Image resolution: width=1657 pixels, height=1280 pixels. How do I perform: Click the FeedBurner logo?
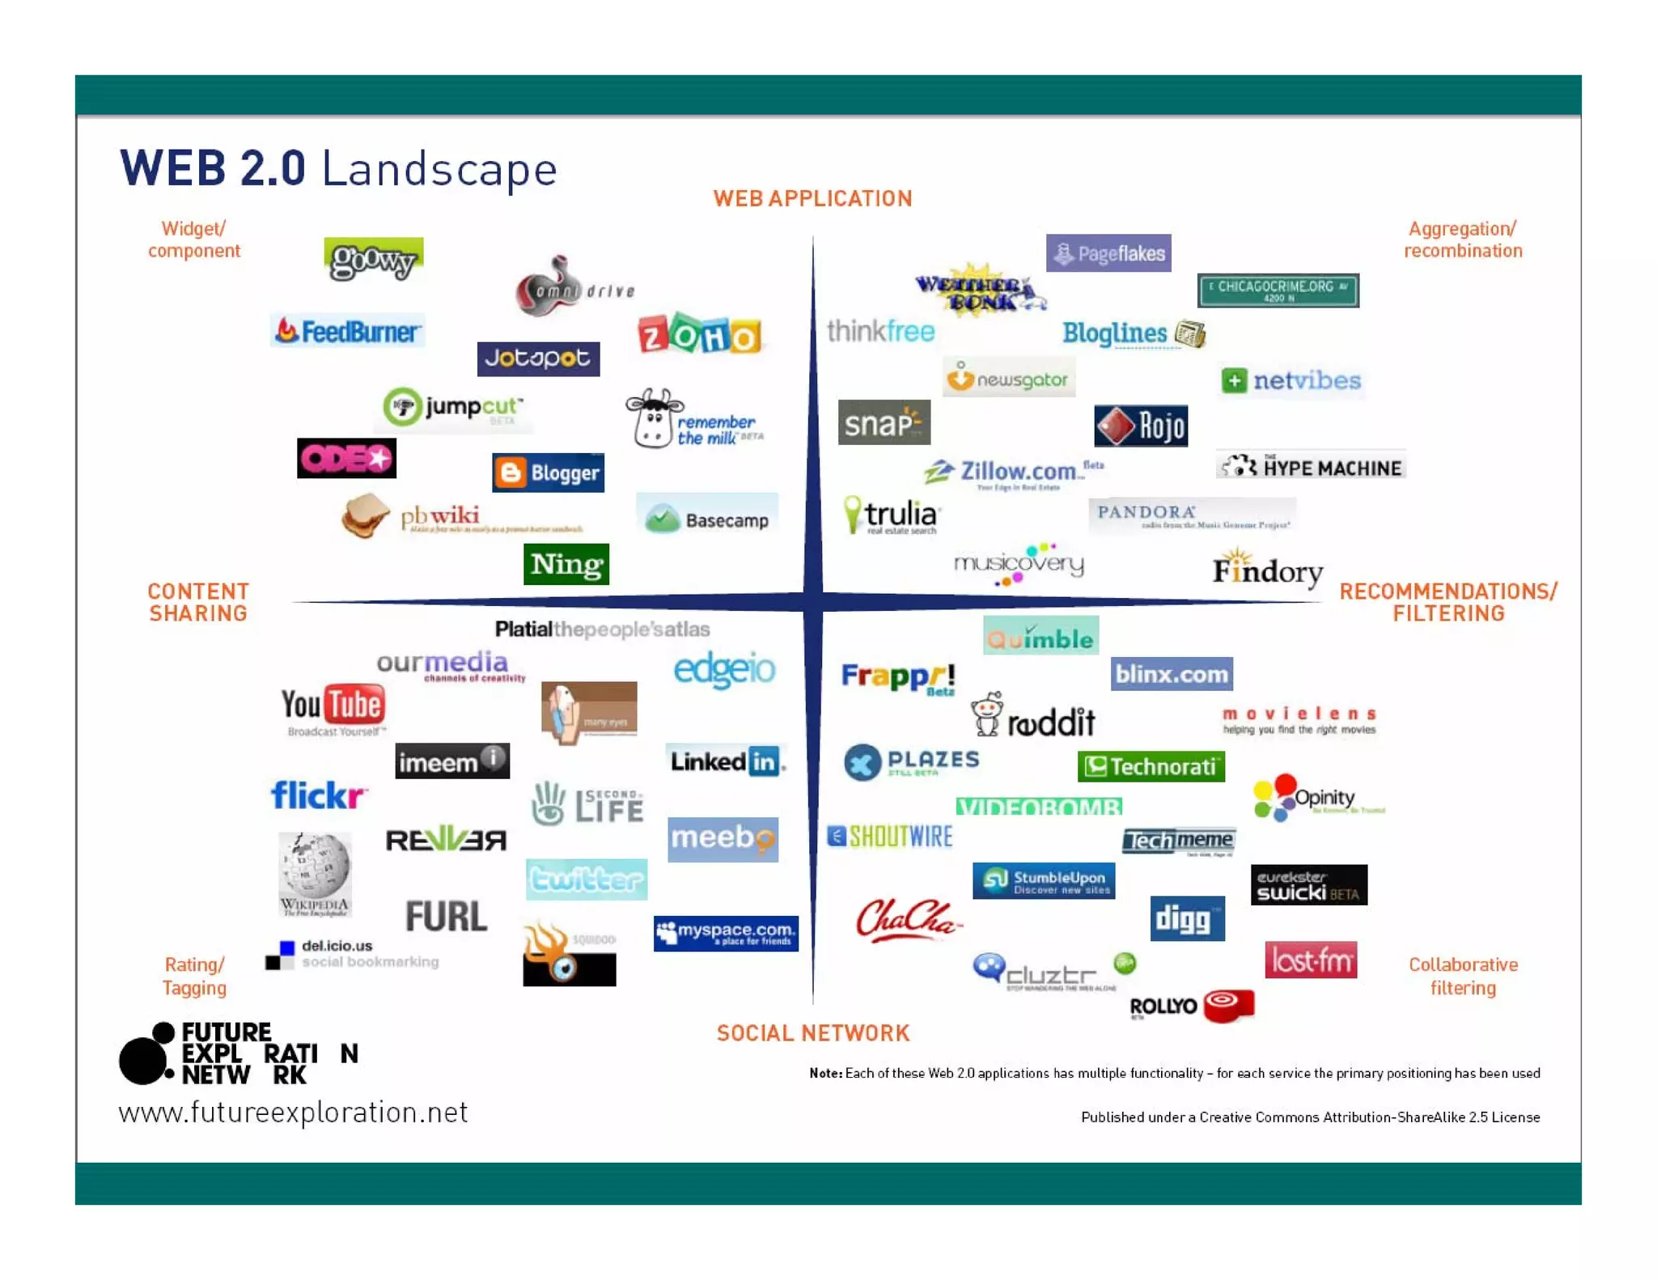point(348,331)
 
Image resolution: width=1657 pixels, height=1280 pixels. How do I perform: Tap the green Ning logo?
point(566,564)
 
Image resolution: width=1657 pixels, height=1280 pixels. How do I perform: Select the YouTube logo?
point(333,706)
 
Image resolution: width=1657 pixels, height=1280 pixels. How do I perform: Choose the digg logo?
point(1187,919)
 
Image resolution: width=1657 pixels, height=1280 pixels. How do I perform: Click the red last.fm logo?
point(1311,960)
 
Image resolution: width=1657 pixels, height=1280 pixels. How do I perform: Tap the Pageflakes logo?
point(1108,254)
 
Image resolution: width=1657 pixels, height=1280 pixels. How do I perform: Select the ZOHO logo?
point(700,334)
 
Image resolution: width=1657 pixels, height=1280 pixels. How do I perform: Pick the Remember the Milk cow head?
point(655,417)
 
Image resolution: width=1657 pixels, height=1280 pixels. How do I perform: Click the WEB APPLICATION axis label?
point(812,199)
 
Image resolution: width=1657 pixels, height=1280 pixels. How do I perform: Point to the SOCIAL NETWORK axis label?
point(813,1033)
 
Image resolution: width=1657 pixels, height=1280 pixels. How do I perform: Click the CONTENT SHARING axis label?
point(198,603)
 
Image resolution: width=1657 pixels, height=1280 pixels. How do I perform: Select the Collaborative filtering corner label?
point(1463,976)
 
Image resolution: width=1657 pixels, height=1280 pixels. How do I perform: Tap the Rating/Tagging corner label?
point(194,976)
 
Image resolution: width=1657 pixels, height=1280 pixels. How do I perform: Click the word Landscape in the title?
point(439,169)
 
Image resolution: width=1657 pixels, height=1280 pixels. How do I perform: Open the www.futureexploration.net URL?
point(293,1113)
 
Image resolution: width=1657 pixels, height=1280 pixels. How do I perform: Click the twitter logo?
point(587,879)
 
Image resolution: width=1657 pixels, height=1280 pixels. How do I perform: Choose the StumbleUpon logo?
point(1044,881)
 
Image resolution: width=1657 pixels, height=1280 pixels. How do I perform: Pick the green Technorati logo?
point(1151,766)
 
